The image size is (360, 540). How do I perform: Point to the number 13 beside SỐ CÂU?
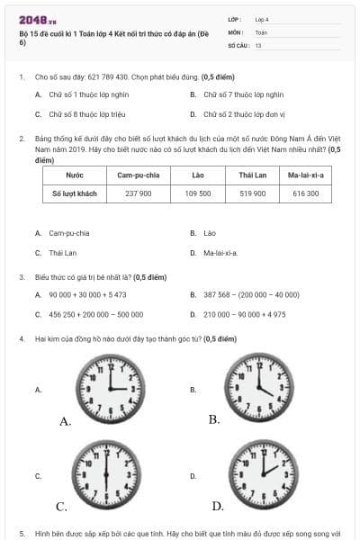click(258, 44)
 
